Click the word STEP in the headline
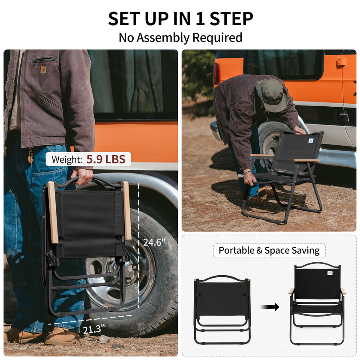[231, 18]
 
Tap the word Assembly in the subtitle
[163, 38]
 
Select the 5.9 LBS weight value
[106, 159]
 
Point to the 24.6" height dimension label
[154, 242]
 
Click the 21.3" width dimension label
[94, 330]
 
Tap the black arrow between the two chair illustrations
[270, 307]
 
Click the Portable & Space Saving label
[269, 250]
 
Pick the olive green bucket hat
[272, 95]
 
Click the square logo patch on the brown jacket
[43, 69]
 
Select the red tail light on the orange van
[216, 74]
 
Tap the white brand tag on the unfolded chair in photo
[311, 140]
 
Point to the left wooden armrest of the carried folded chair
[53, 212]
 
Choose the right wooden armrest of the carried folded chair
[127, 210]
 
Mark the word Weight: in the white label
[67, 159]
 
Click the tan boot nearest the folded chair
[62, 336]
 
